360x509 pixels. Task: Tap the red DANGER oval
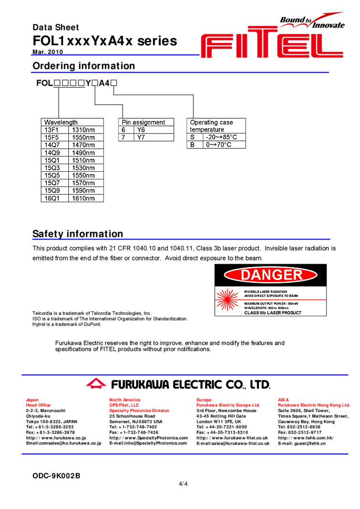271,275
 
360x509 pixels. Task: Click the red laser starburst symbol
227,301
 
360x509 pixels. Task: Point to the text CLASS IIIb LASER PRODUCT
273,313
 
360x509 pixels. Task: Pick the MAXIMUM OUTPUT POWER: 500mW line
272,303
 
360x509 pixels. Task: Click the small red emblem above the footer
96,383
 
